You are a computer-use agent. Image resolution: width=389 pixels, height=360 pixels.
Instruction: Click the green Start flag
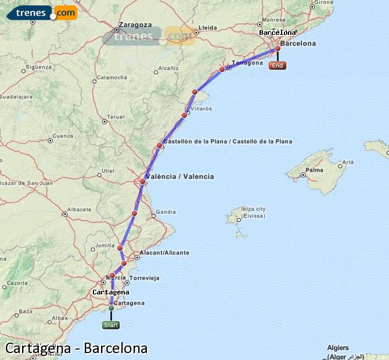(111, 325)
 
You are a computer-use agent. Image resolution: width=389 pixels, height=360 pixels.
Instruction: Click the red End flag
(278, 66)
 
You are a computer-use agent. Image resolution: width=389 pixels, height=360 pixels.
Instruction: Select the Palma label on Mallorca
(315, 170)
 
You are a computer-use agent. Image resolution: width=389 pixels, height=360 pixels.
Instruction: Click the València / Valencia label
(180, 177)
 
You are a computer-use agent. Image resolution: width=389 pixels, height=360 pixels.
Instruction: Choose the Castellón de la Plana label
(227, 142)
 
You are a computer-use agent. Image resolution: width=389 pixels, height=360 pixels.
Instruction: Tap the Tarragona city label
(247, 63)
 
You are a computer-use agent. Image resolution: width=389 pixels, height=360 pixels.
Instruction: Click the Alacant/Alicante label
(165, 253)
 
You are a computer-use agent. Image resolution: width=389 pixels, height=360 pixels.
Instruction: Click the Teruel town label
(117, 117)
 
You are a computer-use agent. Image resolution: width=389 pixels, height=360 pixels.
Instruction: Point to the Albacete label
(80, 209)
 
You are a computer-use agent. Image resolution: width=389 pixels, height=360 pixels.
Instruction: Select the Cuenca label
(63, 136)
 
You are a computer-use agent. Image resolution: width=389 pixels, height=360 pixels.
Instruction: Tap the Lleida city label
(207, 27)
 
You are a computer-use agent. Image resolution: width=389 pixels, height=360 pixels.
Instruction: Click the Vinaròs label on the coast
(201, 109)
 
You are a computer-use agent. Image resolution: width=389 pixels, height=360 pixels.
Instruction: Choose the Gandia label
(166, 212)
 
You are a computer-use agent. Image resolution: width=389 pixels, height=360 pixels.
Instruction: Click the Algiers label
(338, 347)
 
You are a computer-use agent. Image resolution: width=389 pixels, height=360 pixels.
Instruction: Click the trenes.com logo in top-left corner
(42, 12)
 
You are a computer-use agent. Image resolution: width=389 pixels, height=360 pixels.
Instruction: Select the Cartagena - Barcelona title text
(76, 348)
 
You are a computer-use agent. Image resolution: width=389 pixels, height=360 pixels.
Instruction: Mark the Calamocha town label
(111, 77)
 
